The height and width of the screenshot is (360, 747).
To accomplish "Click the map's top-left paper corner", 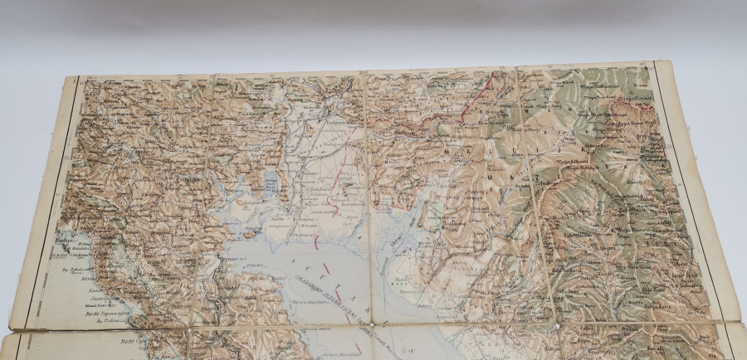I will [x=66, y=77].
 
